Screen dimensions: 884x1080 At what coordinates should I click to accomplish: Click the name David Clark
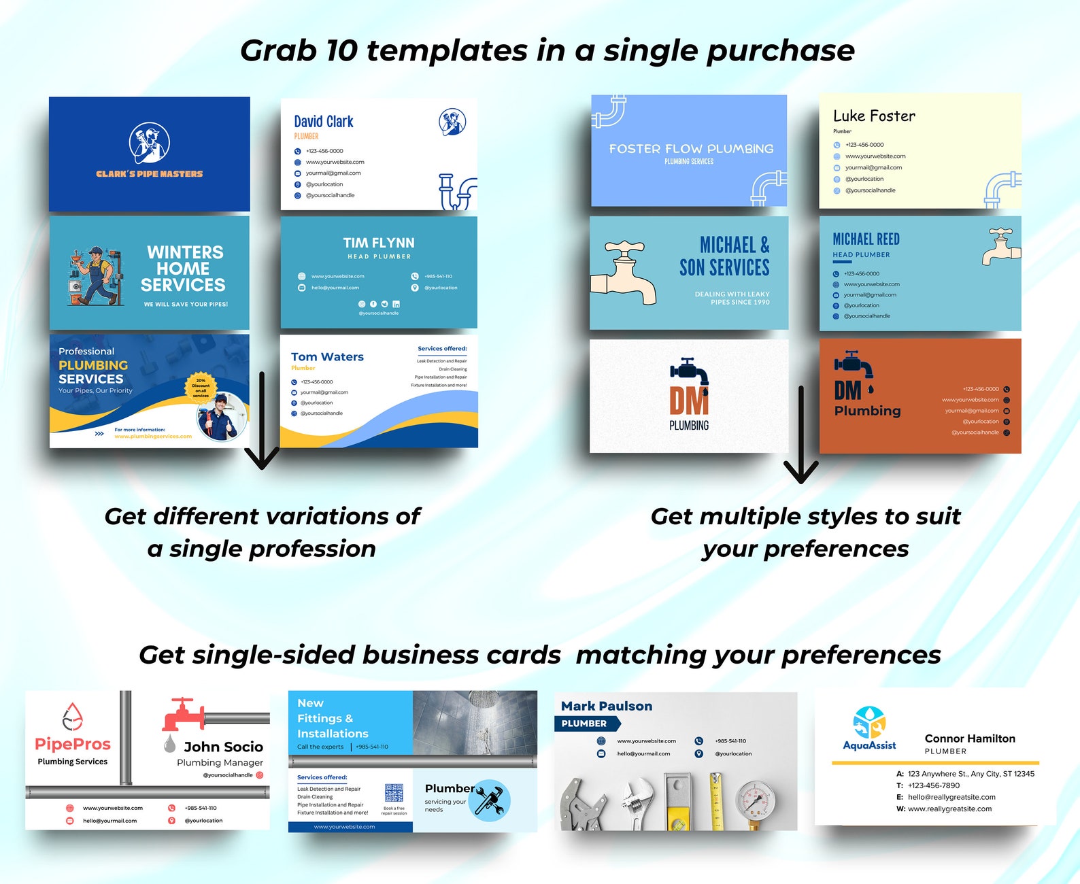[324, 122]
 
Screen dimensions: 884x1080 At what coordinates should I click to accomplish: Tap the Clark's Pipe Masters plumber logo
[150, 143]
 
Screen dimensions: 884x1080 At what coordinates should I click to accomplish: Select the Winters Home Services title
[184, 269]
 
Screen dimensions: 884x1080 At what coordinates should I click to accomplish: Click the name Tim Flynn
[379, 243]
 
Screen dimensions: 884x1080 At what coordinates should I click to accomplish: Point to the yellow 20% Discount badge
[201, 388]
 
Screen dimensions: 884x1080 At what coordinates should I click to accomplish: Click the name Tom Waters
[327, 357]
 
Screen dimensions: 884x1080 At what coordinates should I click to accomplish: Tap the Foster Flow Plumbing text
[691, 149]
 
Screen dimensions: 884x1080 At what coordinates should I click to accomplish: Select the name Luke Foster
[874, 116]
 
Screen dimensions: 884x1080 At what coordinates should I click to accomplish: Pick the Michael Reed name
[866, 239]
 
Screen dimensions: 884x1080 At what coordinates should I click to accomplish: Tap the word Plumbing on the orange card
[867, 411]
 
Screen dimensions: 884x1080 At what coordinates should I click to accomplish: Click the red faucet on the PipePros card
[183, 713]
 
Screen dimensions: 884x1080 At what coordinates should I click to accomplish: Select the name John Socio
[223, 747]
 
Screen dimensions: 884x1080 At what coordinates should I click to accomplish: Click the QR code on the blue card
[394, 793]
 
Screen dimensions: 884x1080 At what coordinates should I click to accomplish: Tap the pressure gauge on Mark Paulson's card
[755, 798]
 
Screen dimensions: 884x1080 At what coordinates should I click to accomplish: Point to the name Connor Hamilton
[970, 738]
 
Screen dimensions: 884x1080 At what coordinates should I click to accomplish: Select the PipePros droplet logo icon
[72, 717]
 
